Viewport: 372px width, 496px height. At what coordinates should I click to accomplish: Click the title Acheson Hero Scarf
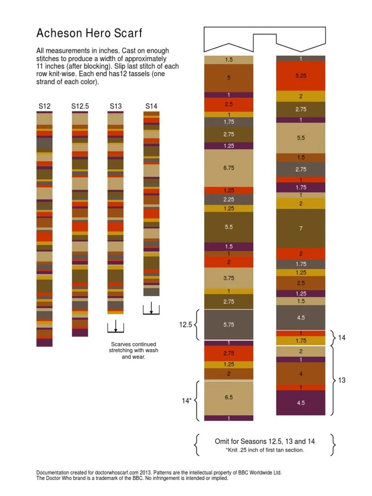[x=89, y=33]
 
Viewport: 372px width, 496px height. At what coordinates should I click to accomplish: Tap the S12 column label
[x=45, y=106]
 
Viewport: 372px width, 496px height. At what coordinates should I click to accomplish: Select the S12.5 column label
[x=80, y=106]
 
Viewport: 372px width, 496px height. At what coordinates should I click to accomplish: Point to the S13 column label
[x=116, y=106]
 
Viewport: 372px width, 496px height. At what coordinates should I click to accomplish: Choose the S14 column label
[x=151, y=106]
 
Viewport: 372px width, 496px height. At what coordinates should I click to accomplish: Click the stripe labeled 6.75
[x=229, y=168]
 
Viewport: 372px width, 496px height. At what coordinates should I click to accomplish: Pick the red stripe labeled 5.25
[x=300, y=76]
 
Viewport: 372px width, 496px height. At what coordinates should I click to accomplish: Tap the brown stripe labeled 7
[x=300, y=228]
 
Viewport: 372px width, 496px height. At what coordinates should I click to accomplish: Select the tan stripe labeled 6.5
[x=229, y=397]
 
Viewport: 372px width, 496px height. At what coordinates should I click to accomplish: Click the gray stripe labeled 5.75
[x=229, y=325]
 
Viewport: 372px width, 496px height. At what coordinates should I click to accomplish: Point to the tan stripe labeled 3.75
[x=229, y=278]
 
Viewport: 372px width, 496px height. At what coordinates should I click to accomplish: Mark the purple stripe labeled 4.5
[x=300, y=403]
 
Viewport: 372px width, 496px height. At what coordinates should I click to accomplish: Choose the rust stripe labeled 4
[x=300, y=373]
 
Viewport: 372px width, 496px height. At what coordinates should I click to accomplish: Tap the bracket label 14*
[x=186, y=401]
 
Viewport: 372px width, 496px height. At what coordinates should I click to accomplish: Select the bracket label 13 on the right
[x=341, y=380]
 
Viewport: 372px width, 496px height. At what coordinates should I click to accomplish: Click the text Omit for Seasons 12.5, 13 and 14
[x=264, y=441]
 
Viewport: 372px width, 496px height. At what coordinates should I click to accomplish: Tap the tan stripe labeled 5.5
[x=300, y=138]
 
